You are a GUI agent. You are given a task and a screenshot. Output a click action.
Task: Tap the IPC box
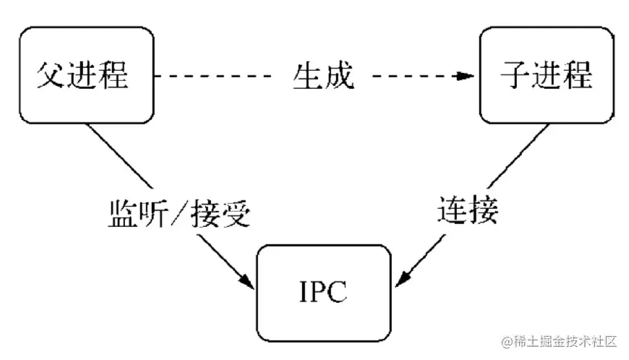pos(323,293)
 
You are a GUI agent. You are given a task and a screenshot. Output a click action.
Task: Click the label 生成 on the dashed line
pos(323,75)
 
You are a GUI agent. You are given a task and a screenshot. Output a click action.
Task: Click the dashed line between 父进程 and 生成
pos(217,75)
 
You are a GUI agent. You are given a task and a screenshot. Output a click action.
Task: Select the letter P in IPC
pos(322,293)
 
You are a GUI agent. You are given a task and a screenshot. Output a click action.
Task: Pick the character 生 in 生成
pos(307,75)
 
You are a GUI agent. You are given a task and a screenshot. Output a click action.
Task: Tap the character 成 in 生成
pos(339,75)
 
